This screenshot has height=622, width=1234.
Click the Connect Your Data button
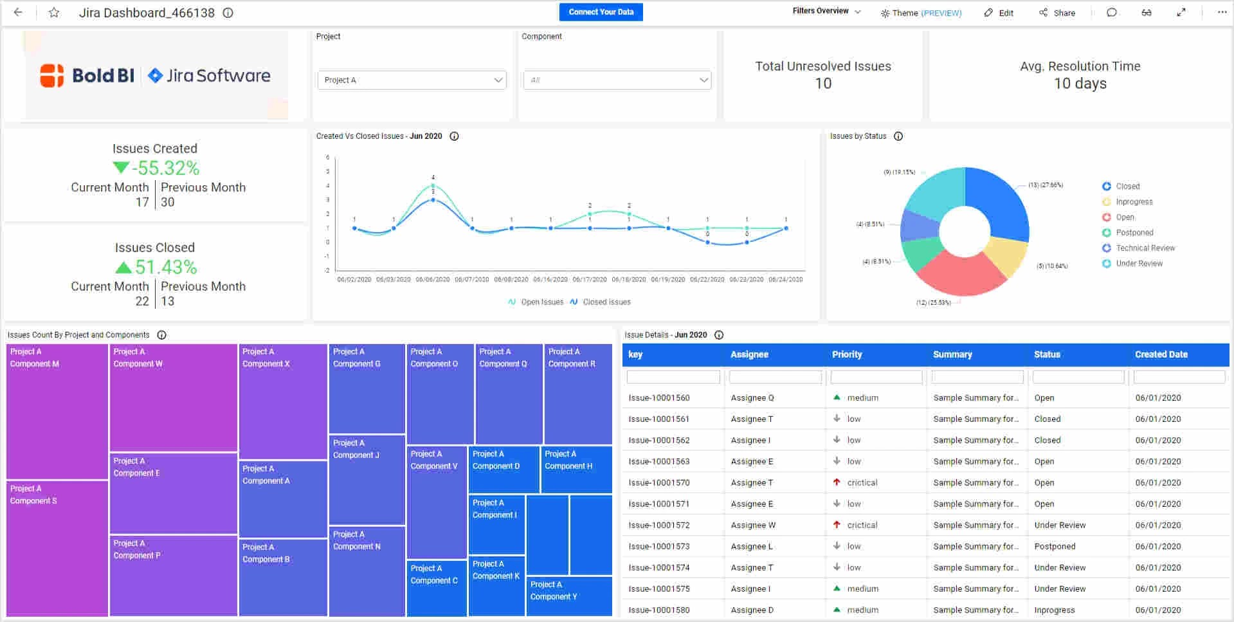(601, 12)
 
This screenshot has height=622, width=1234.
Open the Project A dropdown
(412, 80)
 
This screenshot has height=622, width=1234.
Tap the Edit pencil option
(999, 13)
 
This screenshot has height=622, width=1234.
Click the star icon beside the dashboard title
(54, 13)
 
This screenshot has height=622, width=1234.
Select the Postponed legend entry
(1134, 233)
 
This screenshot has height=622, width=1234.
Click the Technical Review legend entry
(1145, 248)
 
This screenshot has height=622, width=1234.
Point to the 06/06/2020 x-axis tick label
(433, 280)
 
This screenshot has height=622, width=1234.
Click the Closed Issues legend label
(606, 302)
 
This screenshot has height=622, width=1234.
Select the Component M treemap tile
(57, 412)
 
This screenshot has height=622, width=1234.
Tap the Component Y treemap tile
(568, 596)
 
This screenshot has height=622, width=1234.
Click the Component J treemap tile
(367, 479)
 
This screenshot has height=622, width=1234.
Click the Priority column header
(847, 354)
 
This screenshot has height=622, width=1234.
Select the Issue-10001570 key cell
(659, 482)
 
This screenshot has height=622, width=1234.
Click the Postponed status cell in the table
(1055, 546)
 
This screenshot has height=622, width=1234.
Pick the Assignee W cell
(753, 525)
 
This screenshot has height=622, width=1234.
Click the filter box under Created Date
(1179, 377)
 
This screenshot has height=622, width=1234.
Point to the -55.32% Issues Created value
(165, 169)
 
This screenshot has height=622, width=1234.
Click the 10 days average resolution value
(1080, 84)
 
